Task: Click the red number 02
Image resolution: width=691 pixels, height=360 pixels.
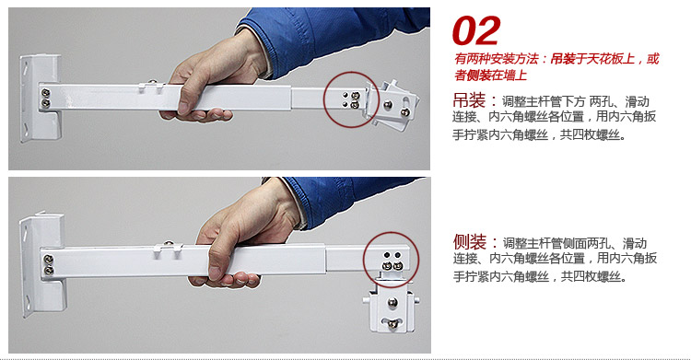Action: [476, 30]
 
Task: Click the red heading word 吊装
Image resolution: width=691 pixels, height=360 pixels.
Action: [469, 100]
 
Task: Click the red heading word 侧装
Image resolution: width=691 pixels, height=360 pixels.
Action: [470, 242]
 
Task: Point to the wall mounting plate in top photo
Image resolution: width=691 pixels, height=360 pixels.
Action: [40, 98]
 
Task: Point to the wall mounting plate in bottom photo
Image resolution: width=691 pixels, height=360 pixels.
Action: [41, 263]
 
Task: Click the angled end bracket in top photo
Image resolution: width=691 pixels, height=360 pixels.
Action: [392, 106]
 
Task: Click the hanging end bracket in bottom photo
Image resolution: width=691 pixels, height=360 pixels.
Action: [391, 308]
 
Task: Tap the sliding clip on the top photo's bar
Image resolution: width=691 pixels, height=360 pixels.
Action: [152, 87]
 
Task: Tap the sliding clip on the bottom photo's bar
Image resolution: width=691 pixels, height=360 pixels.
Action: [168, 250]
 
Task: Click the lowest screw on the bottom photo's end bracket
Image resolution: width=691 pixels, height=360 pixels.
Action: [392, 324]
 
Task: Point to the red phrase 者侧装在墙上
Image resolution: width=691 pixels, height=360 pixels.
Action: [490, 75]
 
